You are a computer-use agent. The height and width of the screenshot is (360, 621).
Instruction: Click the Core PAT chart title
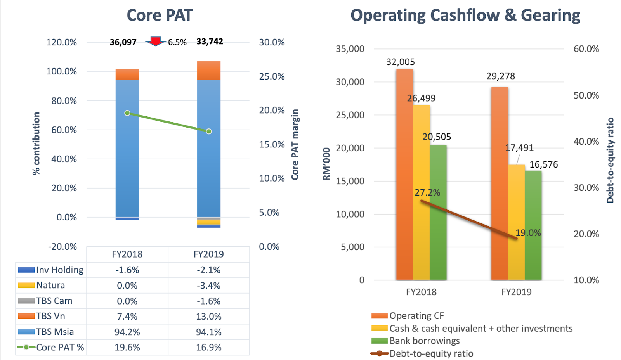coord(160,15)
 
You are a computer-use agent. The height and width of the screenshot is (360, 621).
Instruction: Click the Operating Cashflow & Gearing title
coord(465,15)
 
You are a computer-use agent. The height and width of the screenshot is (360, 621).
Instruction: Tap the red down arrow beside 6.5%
coord(156,41)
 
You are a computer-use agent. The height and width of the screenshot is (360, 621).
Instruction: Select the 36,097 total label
coord(123,42)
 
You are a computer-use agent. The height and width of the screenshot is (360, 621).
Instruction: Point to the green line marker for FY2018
coord(127,113)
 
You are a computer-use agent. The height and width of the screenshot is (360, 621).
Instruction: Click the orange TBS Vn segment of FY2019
coord(209,71)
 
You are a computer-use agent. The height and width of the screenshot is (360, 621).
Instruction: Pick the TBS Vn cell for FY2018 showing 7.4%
coord(127,317)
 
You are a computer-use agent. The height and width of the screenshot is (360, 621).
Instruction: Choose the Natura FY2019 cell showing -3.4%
coord(209,286)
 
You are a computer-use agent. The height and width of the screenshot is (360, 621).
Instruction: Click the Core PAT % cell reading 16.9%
coord(209,347)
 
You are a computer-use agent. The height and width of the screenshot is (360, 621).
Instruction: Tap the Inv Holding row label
coord(59,270)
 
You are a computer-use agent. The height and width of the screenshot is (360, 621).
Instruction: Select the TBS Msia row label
coord(55,332)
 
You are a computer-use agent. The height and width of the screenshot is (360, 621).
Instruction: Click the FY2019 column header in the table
coord(209,254)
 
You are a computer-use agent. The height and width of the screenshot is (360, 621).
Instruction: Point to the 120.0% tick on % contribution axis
coord(61,42)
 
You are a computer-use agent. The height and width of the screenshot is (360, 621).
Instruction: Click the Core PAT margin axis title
coord(295,144)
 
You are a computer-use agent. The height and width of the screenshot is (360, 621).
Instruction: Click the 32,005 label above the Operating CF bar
coord(400,62)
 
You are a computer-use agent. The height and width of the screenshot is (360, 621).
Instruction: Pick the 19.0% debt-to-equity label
coord(528,233)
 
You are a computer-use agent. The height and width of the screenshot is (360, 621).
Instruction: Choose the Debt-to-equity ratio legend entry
coord(431,353)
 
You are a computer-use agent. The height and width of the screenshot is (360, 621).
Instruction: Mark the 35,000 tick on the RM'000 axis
coord(350,49)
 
